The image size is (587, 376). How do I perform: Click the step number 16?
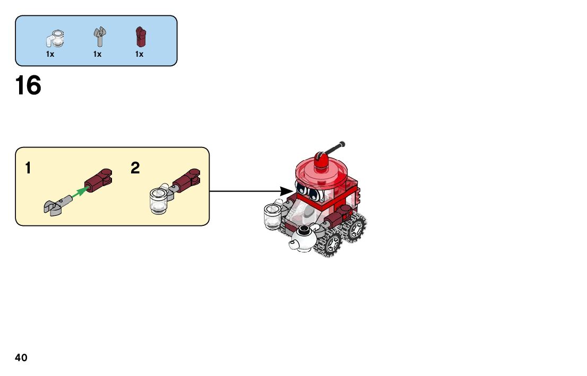(28, 86)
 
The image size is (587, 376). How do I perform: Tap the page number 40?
(21, 358)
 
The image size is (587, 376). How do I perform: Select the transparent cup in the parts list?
(55, 38)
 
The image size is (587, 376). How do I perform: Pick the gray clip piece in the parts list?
(99, 37)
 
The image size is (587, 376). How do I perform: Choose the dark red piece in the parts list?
(140, 37)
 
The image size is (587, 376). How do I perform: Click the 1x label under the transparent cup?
(50, 54)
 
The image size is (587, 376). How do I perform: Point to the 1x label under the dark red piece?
(139, 54)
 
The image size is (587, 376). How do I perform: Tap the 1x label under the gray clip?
(97, 54)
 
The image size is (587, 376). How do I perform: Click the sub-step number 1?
(28, 169)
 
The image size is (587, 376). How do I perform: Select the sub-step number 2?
(135, 169)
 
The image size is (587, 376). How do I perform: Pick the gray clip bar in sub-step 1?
(55, 205)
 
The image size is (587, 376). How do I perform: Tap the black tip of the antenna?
(342, 143)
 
